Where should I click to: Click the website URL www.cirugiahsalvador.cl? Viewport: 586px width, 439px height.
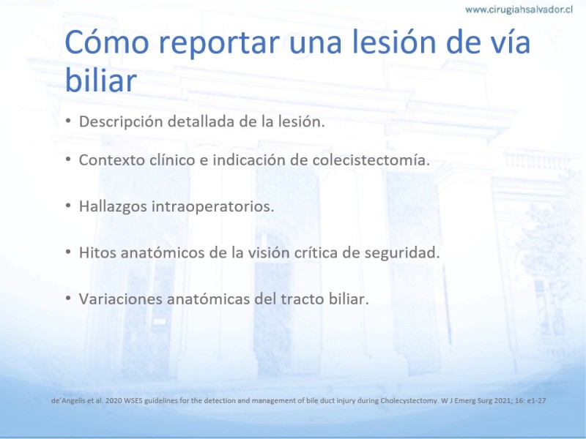click(x=519, y=10)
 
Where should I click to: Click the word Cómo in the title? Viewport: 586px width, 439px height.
click(x=107, y=42)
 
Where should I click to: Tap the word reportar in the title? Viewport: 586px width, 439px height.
click(x=219, y=45)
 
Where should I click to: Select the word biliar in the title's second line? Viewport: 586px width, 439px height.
click(x=101, y=80)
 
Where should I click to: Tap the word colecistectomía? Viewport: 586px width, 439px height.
click(x=371, y=160)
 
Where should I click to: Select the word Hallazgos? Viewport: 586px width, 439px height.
click(x=113, y=207)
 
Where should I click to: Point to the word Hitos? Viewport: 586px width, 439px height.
click(x=97, y=252)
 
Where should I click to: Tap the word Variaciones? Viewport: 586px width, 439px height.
click(x=121, y=299)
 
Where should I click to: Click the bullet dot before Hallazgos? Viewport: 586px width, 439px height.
click(x=68, y=206)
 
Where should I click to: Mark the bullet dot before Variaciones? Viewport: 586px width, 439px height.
click(x=68, y=298)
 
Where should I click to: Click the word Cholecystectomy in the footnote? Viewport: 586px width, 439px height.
click(x=409, y=401)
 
